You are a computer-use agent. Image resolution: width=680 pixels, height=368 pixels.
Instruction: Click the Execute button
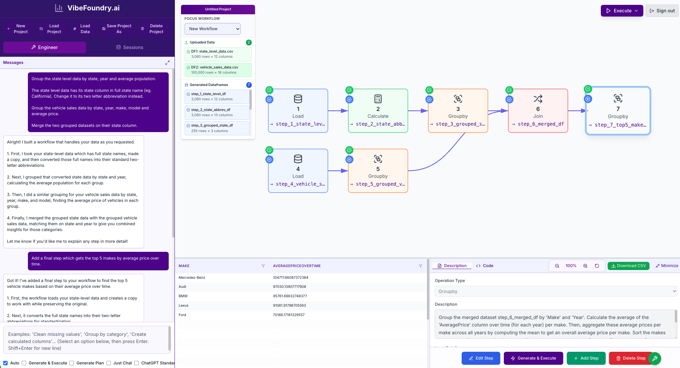pyautogui.click(x=622, y=11)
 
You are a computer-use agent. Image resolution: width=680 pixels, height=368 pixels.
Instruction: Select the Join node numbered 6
pyautogui.click(x=538, y=111)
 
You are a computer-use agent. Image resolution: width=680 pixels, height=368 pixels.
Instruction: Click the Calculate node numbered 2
pyautogui.click(x=378, y=111)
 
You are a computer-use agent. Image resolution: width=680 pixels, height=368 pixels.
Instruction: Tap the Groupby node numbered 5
pyautogui.click(x=378, y=171)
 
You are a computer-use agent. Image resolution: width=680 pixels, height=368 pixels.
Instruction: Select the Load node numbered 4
pyautogui.click(x=298, y=171)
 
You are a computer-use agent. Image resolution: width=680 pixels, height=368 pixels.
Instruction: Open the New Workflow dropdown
pyautogui.click(x=212, y=29)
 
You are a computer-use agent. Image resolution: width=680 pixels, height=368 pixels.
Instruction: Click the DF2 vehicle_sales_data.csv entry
pyautogui.click(x=218, y=70)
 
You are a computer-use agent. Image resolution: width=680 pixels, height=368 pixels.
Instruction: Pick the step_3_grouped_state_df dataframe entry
pyautogui.click(x=217, y=128)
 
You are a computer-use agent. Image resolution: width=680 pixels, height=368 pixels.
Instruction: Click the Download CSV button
pyautogui.click(x=628, y=266)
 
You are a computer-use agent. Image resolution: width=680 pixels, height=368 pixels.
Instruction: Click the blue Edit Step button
pyautogui.click(x=481, y=358)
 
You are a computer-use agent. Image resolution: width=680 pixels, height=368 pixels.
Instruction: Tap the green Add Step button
pyautogui.click(x=586, y=358)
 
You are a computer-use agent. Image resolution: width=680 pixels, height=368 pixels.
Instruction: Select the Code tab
pyautogui.click(x=485, y=266)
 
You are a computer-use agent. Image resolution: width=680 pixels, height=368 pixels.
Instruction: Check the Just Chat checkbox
pyautogui.click(x=109, y=363)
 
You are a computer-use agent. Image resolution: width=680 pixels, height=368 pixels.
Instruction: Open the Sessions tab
pyautogui.click(x=130, y=47)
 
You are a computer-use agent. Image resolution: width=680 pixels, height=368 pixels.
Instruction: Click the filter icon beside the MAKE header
pyautogui.click(x=263, y=266)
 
